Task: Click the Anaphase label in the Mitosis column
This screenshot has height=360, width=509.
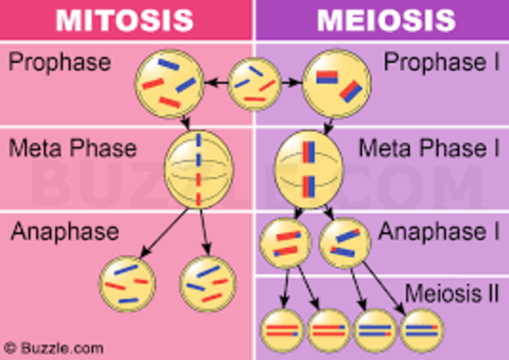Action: click(64, 232)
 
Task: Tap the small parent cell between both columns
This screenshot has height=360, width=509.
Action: click(254, 83)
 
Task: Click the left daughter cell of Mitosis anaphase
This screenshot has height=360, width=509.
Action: click(127, 283)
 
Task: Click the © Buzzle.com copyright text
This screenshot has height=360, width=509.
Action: click(53, 348)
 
